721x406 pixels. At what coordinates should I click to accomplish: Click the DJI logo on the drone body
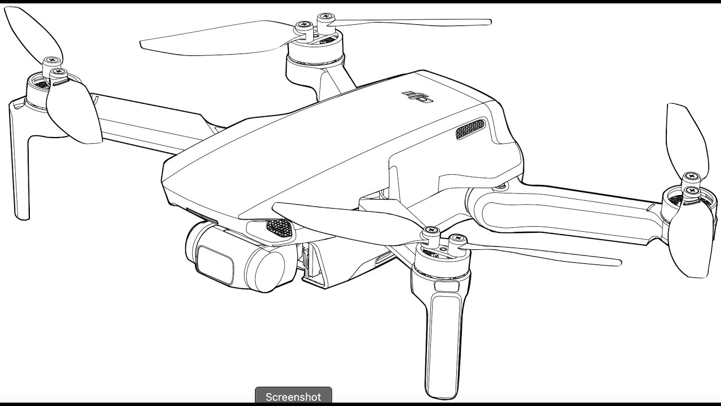tap(417, 96)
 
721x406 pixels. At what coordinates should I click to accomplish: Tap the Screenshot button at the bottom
tap(293, 396)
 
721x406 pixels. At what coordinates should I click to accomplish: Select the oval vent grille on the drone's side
tap(470, 129)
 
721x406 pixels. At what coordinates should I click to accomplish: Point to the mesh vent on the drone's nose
tap(281, 229)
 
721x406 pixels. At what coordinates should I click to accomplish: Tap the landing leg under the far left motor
tap(20, 161)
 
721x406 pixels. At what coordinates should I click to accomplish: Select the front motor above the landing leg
tap(440, 261)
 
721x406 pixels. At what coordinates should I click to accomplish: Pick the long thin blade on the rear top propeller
tap(409, 23)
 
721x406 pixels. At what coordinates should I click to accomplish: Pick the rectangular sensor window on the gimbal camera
tap(216, 266)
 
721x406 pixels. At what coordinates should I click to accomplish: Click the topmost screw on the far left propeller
tap(52, 60)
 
